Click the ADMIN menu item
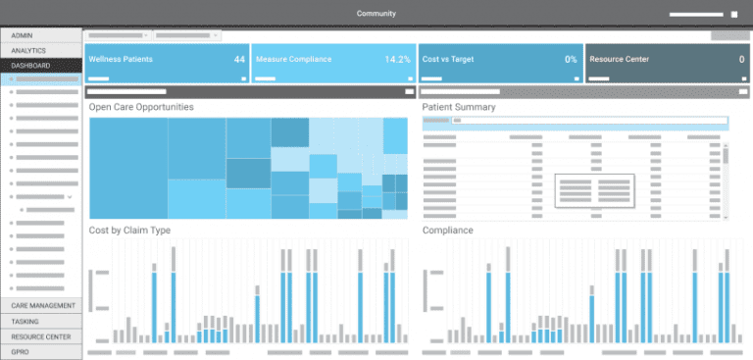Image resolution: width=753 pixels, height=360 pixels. pos(23,35)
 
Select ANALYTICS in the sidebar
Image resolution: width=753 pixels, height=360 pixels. pos(28,50)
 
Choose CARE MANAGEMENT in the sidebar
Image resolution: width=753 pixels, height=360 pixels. pos(43,306)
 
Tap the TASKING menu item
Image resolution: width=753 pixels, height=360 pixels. pos(25,321)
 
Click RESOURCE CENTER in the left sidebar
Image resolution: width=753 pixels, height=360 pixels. pos(40,335)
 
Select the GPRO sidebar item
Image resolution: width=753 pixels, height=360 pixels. pos(21,350)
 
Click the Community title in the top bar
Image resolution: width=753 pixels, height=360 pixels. pos(376,14)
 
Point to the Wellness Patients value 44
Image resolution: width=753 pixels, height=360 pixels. pos(239,60)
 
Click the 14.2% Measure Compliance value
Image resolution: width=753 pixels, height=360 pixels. pos(397,60)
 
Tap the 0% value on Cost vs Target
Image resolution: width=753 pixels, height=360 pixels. pos(571,60)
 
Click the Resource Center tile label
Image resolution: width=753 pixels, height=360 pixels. pos(620,60)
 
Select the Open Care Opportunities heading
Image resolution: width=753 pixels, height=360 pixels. pos(141,107)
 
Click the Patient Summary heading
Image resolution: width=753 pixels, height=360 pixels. pos(459,107)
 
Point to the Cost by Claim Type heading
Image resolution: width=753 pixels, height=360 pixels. pos(129,231)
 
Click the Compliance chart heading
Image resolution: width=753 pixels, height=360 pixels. pos(448,231)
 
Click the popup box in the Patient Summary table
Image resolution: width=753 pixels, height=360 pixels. pos(594,190)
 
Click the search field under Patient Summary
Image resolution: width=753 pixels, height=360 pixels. pos(575,122)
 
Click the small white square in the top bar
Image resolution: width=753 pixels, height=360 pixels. pos(734,15)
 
